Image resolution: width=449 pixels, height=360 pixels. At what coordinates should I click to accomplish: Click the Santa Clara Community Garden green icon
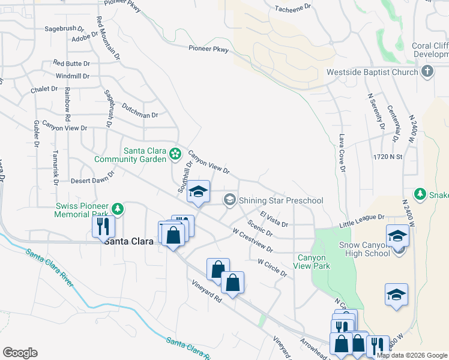175,154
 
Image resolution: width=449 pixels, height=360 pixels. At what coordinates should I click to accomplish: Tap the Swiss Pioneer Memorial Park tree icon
119,208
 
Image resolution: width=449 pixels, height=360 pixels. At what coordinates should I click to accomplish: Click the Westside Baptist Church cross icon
427,72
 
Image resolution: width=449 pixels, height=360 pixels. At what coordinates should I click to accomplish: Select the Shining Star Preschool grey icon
229,200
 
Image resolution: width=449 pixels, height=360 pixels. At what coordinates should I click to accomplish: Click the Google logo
20,353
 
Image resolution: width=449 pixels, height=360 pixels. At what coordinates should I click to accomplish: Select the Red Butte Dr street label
71,63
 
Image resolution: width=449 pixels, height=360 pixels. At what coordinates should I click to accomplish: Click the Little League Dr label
361,220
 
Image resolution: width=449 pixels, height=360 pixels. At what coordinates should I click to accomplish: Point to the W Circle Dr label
272,267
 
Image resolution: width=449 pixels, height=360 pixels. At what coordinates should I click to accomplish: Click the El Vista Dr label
274,219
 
